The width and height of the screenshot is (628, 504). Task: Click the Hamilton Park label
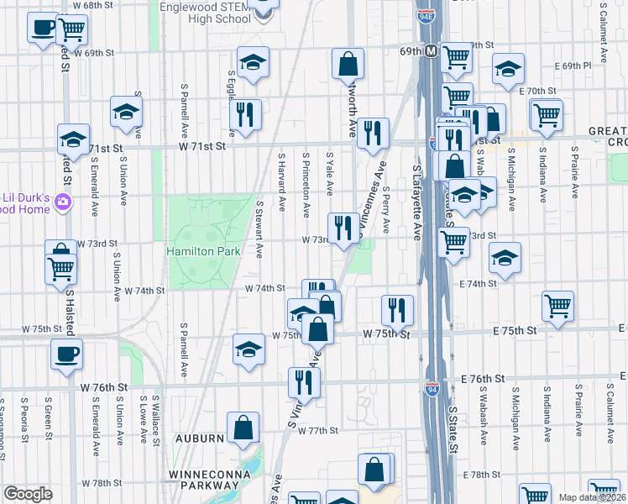point(203,251)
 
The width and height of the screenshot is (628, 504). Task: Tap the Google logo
point(28,494)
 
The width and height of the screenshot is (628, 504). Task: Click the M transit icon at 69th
point(431,52)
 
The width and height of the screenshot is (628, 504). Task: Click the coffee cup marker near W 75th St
point(67,353)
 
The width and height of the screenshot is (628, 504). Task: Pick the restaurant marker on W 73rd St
point(343,228)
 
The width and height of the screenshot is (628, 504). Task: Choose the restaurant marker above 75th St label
point(397,308)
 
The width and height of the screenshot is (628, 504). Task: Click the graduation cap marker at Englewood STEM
point(263,8)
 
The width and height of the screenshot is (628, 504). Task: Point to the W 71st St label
point(202,146)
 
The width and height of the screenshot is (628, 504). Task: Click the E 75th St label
point(510,332)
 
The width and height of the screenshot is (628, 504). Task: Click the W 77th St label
point(318,430)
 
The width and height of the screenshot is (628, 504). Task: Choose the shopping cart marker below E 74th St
point(558,307)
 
